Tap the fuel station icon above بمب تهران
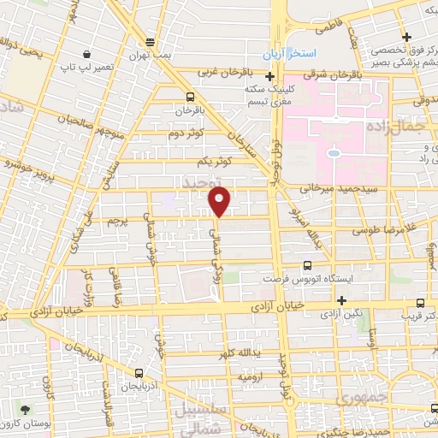[x=151, y=41]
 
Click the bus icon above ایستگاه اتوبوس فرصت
[x=308, y=266]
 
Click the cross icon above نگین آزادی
[x=341, y=300]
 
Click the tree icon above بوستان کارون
[x=24, y=410]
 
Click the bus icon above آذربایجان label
[x=139, y=373]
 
